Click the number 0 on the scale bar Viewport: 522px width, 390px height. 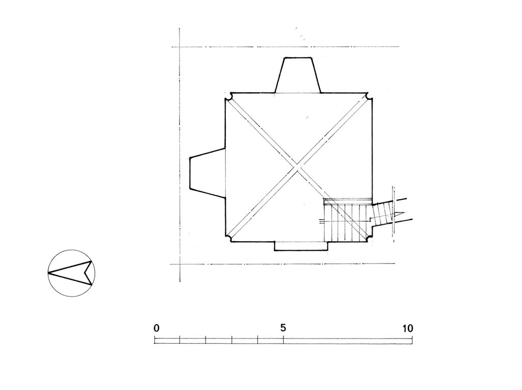[x=156, y=328]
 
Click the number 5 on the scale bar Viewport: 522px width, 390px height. [x=283, y=328]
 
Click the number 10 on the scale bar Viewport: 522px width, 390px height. [x=407, y=328]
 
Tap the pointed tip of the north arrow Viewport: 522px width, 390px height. [x=48, y=273]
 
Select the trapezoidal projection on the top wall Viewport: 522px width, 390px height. [x=297, y=75]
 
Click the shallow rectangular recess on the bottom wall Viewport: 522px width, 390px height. [x=301, y=246]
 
